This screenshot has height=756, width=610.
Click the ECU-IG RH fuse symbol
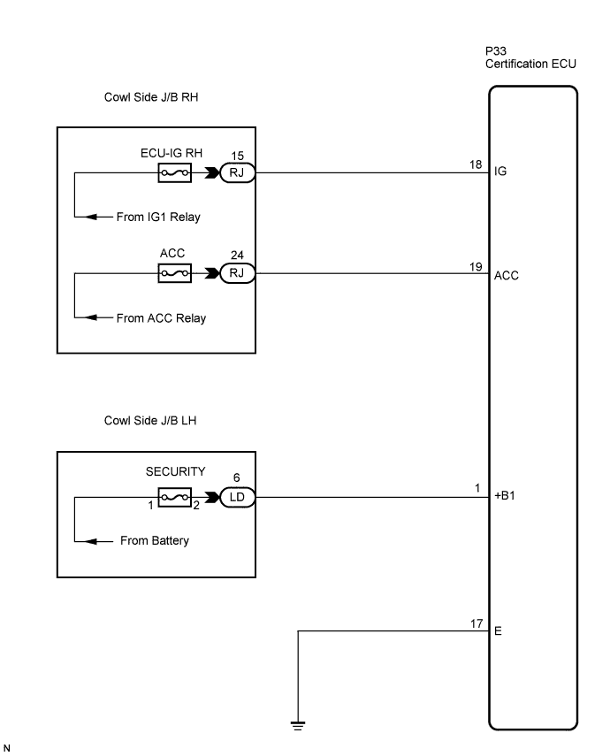coord(174,172)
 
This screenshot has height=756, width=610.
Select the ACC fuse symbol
coord(174,273)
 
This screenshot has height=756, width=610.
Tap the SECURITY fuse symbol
coord(174,497)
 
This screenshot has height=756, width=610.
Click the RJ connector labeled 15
coord(237,172)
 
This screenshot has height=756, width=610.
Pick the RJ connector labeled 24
coord(237,273)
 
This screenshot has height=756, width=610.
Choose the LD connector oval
coord(237,497)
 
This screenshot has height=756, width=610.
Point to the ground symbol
coord(298,726)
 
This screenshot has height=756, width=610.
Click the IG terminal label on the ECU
coord(500,172)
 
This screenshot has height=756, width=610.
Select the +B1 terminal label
coord(505,495)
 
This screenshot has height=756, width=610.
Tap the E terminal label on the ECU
coord(498,630)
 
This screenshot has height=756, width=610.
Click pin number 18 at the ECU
coord(476,164)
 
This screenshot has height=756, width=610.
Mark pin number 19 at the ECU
coord(476,267)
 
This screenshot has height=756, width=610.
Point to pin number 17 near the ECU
coord(477,623)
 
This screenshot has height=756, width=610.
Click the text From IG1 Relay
coord(158,217)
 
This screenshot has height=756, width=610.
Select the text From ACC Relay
coord(161,318)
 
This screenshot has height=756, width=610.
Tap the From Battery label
coord(155,540)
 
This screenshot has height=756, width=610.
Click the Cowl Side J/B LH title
coord(150,420)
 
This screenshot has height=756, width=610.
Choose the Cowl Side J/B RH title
coord(151,97)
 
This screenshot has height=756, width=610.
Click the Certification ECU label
coord(530,64)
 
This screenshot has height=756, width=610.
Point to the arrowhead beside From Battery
coord(92,541)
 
